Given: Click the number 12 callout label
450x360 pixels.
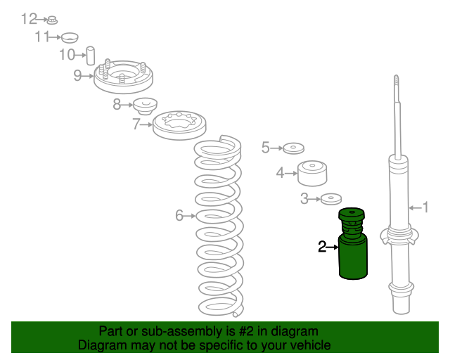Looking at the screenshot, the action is coord(29,19).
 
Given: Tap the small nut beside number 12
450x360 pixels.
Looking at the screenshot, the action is coord(52,20).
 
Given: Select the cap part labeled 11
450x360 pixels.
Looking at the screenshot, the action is coord(70,37).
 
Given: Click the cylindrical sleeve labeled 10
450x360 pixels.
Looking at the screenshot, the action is coord(91,56).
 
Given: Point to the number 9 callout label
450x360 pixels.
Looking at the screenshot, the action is coord(77,75).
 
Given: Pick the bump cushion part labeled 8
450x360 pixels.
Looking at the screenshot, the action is coord(146,106).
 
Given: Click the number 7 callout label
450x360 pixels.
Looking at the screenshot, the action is coord(136,124).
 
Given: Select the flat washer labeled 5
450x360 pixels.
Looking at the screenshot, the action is coord(294,148).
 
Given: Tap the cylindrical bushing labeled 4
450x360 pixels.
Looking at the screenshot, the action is coord(312,173).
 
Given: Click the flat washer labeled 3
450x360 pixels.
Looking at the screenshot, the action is coord(331,199).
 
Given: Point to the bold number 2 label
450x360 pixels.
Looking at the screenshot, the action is coord(322,247).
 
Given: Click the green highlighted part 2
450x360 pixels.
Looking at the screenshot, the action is coord(353,243).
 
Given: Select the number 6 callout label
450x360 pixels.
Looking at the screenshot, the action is coord(179,216).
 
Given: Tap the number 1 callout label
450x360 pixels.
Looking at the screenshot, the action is coord(425,207).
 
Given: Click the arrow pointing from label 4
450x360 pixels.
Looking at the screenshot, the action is coord(291,174).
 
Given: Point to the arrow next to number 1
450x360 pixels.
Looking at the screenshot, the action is coord(415,207).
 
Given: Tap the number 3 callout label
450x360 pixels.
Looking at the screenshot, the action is coord(304,199).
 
